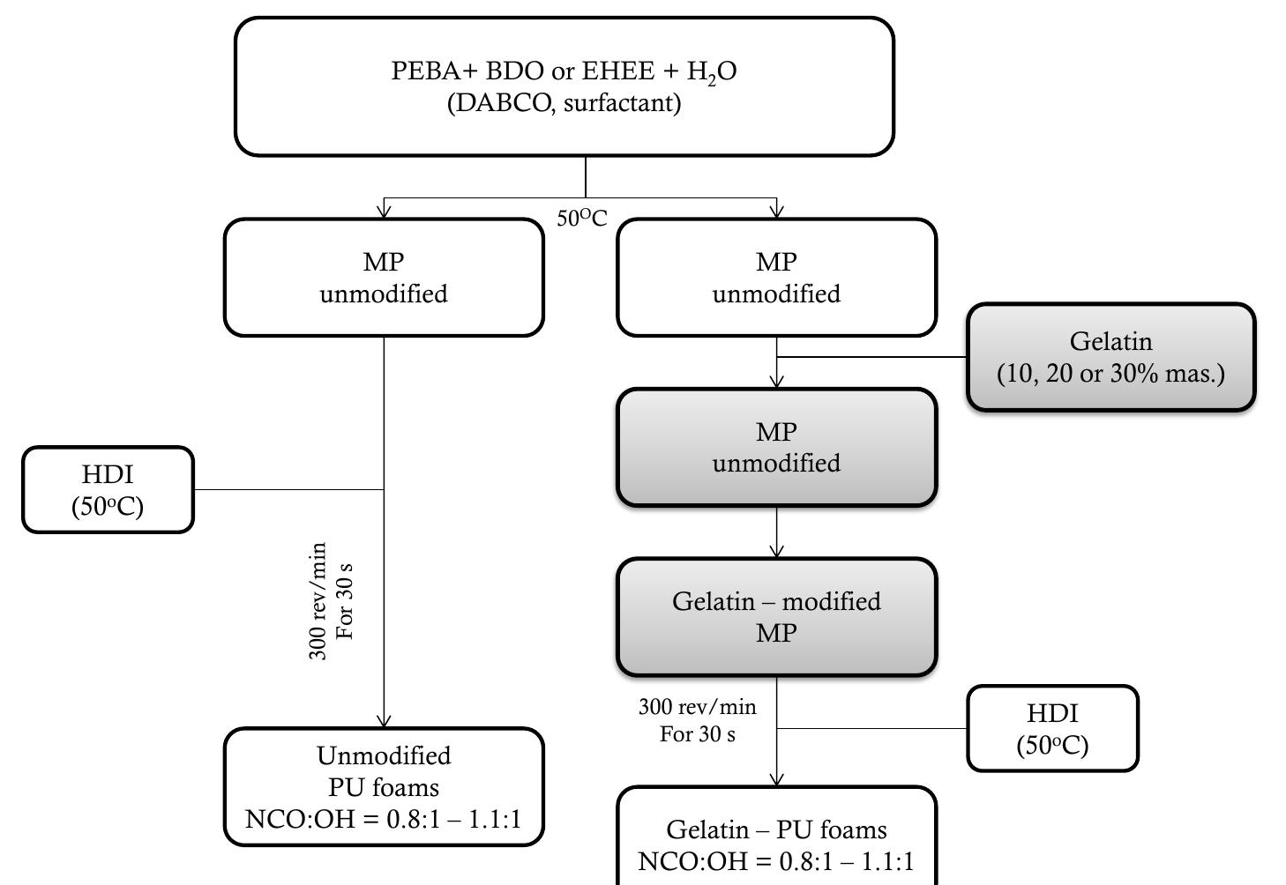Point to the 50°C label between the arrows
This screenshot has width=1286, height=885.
(x=582, y=218)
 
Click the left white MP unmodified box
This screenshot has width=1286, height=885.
(x=384, y=278)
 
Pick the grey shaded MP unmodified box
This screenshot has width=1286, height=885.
(x=776, y=447)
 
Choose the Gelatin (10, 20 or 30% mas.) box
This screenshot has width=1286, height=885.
(x=1110, y=357)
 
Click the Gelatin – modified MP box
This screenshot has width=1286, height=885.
(x=776, y=617)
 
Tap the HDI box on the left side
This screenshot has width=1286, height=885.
(x=108, y=489)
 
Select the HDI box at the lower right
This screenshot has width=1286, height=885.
(x=1052, y=728)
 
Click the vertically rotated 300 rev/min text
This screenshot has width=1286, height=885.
(x=318, y=601)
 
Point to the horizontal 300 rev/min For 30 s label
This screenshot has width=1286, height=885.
(x=697, y=719)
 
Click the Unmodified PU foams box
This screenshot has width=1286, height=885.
(x=384, y=786)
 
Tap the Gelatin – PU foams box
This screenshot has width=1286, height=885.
(x=776, y=842)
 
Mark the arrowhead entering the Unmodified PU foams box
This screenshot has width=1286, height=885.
(x=384, y=720)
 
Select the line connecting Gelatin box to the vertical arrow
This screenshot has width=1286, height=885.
(x=873, y=357)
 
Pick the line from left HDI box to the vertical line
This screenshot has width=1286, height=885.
(x=288, y=489)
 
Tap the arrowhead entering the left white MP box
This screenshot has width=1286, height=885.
(x=384, y=211)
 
